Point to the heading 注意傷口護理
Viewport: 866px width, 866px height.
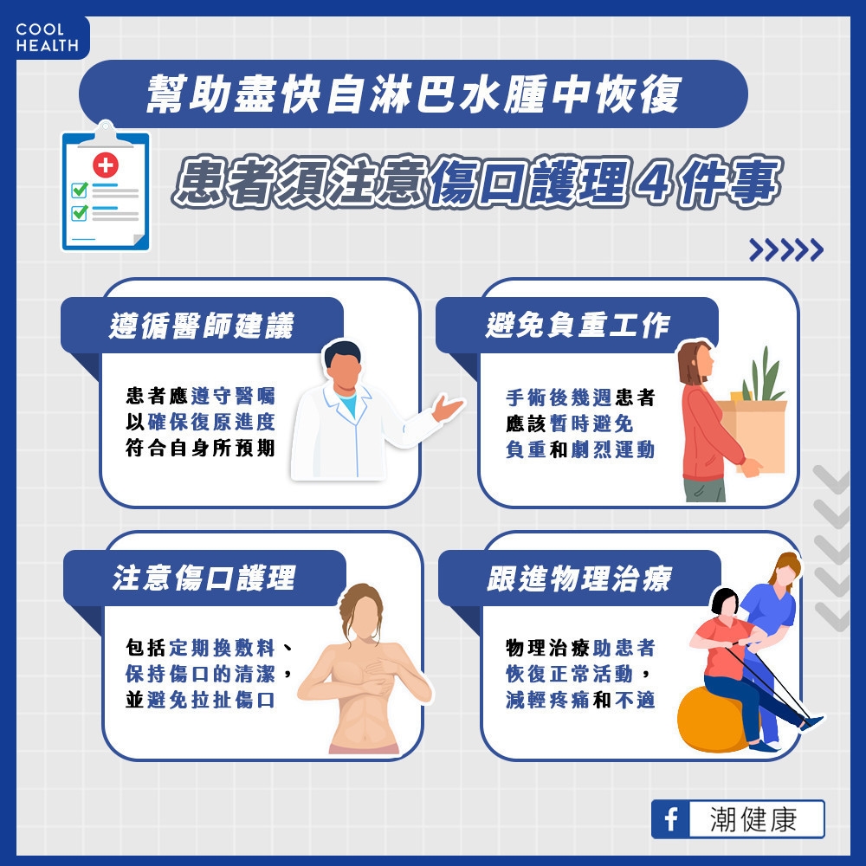point(204,578)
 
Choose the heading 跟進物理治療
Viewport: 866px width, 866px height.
point(578,578)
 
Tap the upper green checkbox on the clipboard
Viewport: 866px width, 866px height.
point(80,189)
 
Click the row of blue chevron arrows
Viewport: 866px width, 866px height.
point(785,250)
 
